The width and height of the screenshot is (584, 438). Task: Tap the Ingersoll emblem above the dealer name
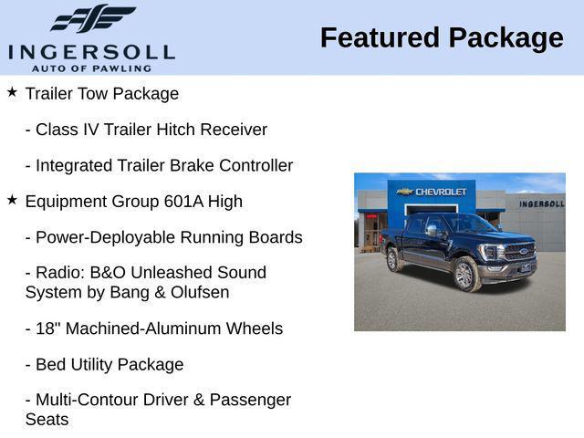(92, 19)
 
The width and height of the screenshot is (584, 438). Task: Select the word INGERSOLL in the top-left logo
(91, 51)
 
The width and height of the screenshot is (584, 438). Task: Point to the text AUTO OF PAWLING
(91, 68)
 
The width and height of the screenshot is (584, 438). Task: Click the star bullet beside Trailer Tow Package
(12, 92)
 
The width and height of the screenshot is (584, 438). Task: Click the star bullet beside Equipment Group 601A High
(12, 200)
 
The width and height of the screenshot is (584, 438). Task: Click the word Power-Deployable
(99, 237)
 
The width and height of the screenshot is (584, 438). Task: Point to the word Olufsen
(200, 292)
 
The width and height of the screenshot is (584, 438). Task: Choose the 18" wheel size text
(47, 328)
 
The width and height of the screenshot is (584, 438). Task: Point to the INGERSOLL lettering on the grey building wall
(541, 203)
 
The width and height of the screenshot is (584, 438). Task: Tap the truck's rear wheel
(393, 260)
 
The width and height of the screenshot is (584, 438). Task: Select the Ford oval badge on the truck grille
(521, 249)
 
